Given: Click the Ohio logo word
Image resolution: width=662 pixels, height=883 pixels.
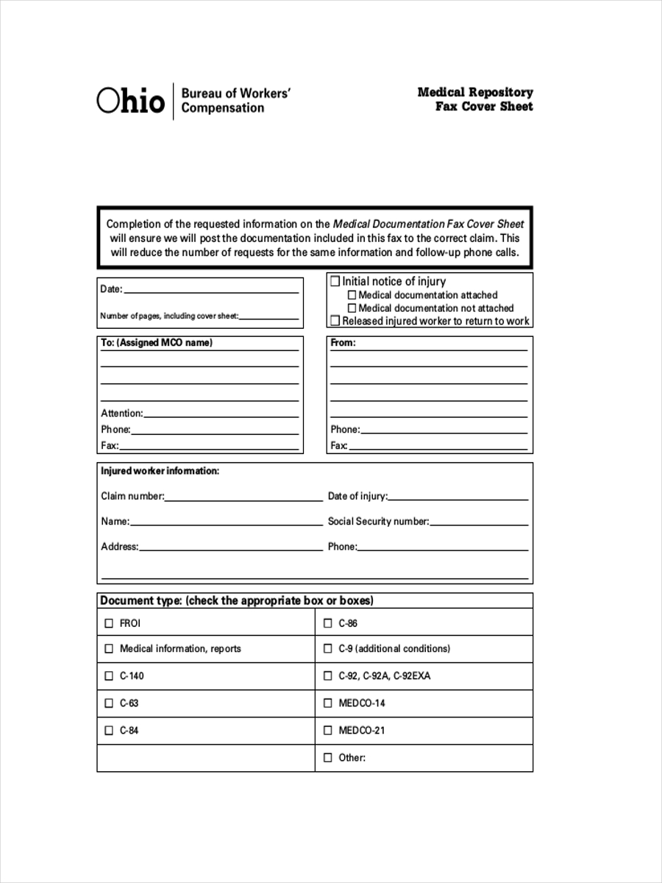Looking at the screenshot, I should [x=131, y=101].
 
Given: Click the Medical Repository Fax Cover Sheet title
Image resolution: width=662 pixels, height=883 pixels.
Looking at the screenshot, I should [x=475, y=99].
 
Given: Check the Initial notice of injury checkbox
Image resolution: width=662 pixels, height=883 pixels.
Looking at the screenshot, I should [x=335, y=281].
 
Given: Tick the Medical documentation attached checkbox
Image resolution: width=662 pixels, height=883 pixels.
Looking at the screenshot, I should [x=352, y=295].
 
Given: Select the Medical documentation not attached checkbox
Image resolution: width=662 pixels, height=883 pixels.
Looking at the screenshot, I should [x=352, y=308].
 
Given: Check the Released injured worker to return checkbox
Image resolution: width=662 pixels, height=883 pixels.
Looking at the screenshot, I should [x=335, y=321].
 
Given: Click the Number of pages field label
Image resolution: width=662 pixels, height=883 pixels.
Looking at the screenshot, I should [x=169, y=316].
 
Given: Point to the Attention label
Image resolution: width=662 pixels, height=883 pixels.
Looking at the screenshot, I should [x=121, y=414].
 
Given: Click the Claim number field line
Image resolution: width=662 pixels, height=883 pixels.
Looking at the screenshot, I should [x=243, y=500].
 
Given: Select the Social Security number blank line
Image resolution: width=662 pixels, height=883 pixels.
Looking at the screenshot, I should [x=479, y=525].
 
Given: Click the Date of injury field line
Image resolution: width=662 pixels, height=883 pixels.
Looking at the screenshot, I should [x=458, y=500].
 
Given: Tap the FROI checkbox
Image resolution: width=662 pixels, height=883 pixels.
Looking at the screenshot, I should [x=109, y=623].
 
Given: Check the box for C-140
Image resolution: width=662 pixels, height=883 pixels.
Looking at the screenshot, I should [x=109, y=675].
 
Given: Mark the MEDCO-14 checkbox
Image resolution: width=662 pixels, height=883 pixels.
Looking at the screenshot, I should [x=328, y=703].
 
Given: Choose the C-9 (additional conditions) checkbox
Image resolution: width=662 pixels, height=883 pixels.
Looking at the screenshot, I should [x=328, y=649].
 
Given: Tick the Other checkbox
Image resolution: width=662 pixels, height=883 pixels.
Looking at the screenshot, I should [x=328, y=757].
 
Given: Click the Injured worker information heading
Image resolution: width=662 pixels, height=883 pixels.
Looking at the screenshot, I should [x=160, y=471].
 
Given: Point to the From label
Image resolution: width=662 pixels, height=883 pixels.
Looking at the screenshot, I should [x=343, y=343].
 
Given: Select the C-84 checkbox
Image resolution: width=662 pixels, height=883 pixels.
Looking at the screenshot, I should [x=109, y=731].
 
